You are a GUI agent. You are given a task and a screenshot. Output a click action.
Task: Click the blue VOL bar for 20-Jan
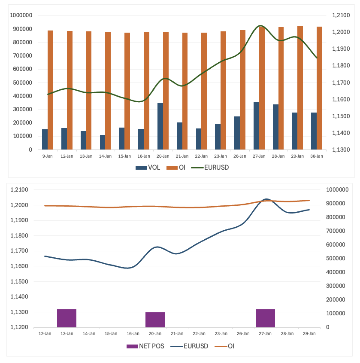[160, 126]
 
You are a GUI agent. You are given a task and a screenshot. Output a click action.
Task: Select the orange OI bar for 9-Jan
[50, 90]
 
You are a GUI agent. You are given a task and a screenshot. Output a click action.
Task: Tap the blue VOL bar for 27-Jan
[256, 126]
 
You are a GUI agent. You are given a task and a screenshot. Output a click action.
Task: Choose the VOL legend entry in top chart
[148, 168]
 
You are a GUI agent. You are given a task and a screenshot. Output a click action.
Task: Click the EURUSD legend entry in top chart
[213, 168]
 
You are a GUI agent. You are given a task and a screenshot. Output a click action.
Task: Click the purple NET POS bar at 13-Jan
[67, 318]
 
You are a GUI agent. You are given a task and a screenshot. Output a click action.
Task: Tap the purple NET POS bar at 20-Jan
[155, 320]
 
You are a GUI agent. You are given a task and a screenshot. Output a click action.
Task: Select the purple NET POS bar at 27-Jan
[265, 318]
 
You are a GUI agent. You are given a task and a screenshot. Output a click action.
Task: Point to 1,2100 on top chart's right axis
[342, 15]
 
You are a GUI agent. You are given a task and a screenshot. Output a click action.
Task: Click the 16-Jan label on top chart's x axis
[144, 156]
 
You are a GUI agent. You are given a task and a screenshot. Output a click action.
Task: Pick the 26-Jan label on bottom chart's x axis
[243, 333]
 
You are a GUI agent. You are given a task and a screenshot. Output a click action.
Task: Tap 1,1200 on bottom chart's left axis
[19, 327]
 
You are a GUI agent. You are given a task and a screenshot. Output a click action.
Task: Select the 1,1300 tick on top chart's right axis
[342, 150]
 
